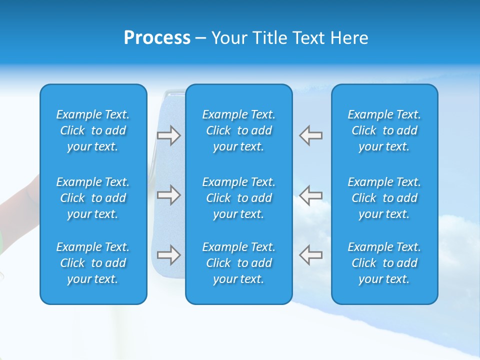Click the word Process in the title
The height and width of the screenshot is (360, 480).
point(157,38)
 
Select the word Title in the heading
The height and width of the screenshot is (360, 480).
point(270,38)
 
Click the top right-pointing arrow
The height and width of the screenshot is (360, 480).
point(168,135)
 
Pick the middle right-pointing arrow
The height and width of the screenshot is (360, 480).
point(168,195)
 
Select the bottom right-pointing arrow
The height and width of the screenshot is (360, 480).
point(168,255)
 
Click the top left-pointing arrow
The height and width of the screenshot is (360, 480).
point(311,135)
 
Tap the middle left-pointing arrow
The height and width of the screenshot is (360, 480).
point(311,195)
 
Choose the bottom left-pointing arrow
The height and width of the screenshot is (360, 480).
point(311,255)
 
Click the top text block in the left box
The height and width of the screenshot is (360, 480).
point(93,130)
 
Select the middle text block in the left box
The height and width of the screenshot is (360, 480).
point(93,198)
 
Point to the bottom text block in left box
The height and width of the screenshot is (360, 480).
point(93,263)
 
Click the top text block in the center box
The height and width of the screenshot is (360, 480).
point(238,130)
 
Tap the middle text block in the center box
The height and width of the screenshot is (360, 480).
point(238,198)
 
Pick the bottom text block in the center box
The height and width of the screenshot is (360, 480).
point(238,263)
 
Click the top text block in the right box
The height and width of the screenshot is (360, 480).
point(384,130)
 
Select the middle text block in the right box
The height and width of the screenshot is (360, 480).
point(384,198)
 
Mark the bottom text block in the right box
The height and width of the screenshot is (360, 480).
point(384,263)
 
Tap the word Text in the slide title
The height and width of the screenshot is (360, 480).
point(308,38)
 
